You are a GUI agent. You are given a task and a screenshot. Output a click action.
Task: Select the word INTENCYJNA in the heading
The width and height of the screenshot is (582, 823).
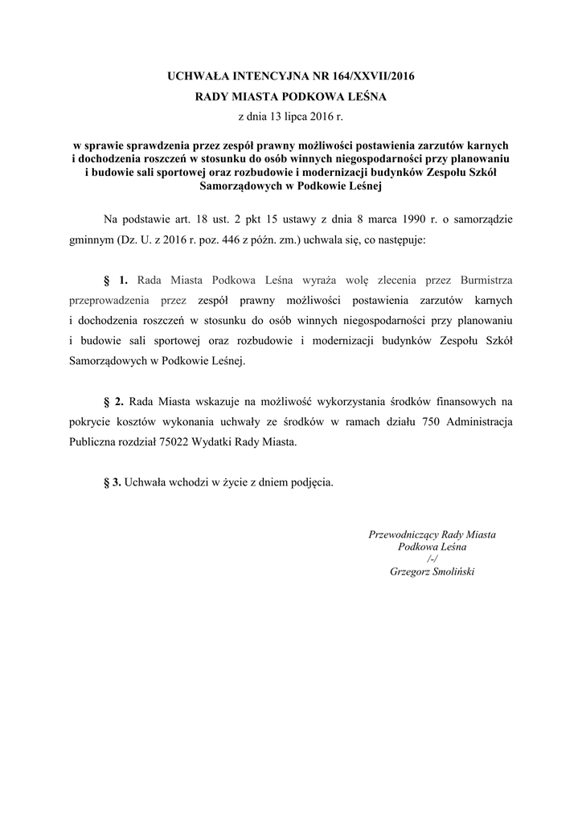click(x=256, y=77)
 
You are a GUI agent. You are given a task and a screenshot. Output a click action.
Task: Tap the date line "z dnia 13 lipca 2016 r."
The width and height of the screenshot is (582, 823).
click(x=291, y=117)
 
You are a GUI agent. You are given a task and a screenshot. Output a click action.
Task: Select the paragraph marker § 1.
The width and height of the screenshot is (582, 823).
click(x=117, y=280)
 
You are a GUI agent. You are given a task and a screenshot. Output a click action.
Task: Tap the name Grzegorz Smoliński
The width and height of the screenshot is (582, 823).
click(x=432, y=571)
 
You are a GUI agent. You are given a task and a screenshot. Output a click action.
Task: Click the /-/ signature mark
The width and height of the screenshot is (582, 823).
click(x=432, y=559)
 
